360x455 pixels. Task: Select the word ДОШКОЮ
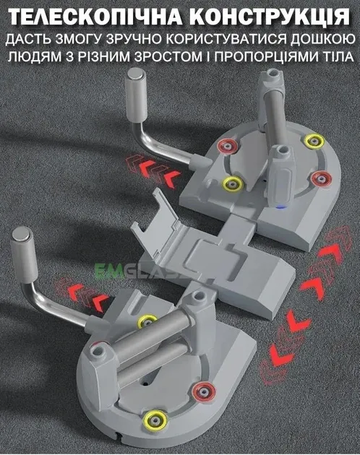point(322,39)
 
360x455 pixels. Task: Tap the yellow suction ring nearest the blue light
point(233,183)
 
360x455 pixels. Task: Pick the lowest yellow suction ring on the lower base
point(156,420)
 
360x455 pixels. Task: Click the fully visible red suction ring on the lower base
point(205,391)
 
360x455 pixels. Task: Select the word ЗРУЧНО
point(130,39)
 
